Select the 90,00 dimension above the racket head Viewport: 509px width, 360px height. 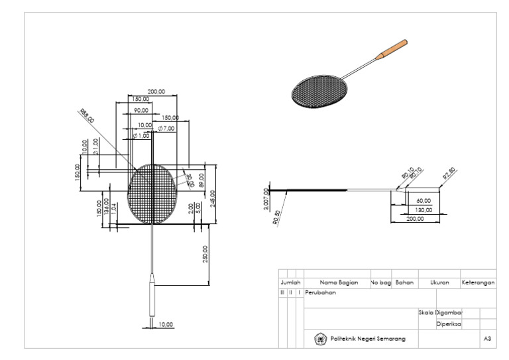141,110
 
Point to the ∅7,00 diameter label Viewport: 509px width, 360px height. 166,127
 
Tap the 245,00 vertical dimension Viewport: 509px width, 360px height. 213,198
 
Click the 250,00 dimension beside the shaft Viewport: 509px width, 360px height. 205,254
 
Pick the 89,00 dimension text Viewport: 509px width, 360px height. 201,180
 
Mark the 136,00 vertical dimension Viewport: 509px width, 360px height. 106,207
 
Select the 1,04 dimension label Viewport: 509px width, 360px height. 113,208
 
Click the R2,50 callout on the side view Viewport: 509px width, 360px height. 450,174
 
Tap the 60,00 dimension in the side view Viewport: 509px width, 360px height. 423,200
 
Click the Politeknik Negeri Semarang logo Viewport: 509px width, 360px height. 319,339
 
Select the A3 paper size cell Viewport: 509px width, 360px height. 488,339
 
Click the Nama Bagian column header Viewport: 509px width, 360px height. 339,282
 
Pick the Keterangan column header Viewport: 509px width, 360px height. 479,282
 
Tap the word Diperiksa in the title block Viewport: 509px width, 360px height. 449,324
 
